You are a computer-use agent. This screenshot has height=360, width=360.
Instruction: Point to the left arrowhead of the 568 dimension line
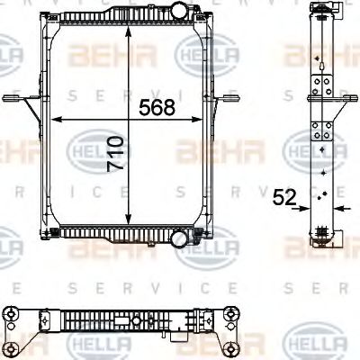[x=58, y=119]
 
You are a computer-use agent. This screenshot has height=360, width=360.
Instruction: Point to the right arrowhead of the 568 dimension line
[x=202, y=119]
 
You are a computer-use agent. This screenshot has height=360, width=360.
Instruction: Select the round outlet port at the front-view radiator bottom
[x=180, y=239]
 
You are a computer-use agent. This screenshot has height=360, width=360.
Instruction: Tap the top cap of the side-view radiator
[x=321, y=9]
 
